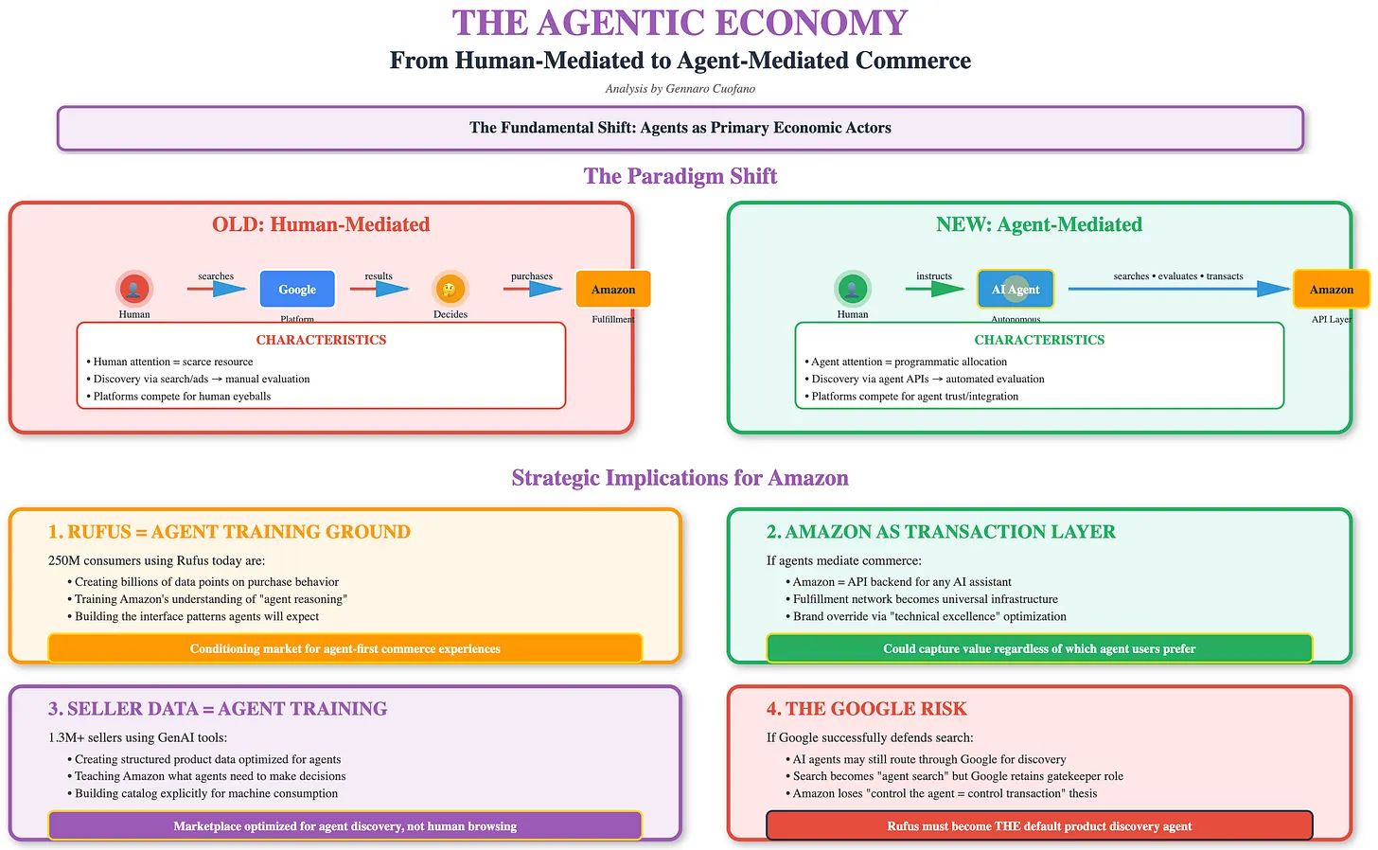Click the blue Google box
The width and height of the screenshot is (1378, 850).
(297, 290)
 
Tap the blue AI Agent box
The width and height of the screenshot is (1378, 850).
(1015, 290)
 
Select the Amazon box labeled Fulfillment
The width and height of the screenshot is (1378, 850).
(613, 290)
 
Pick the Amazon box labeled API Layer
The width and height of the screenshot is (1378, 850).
(1331, 290)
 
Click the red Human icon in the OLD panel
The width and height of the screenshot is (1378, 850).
(134, 289)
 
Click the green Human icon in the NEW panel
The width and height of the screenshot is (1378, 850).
(853, 289)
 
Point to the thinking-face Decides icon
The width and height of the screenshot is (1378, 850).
(450, 289)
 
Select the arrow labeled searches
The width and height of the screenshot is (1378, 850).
(217, 289)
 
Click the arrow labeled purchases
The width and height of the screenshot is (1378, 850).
(533, 289)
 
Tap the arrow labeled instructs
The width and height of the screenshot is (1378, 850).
(935, 289)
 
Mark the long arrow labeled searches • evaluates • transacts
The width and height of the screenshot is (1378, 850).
(1178, 289)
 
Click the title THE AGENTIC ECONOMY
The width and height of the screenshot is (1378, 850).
(680, 23)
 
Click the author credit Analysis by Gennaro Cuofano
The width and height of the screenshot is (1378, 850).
(680, 89)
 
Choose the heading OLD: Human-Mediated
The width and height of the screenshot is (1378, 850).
(321, 224)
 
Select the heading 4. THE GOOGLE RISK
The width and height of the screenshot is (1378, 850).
(866, 709)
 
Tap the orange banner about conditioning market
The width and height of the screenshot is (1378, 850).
(345, 648)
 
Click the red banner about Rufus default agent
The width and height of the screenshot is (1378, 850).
(1039, 825)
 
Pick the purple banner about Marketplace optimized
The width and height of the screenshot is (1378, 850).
(345, 825)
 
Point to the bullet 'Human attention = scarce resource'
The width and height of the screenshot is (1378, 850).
(173, 362)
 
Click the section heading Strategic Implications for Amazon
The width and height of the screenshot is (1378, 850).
(680, 478)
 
